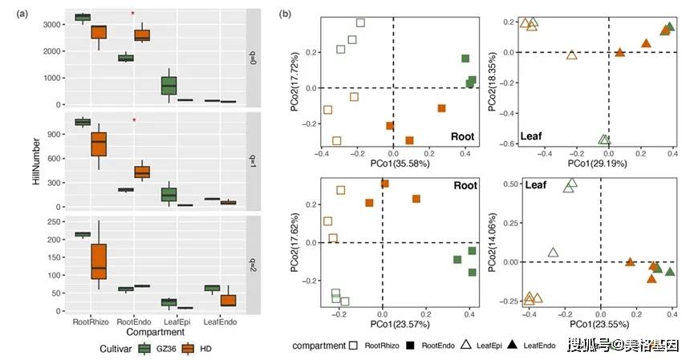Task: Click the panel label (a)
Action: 12,12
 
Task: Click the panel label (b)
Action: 285,12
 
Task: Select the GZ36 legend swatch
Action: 145,349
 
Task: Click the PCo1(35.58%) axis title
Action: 392,163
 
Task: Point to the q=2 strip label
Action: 251,264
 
